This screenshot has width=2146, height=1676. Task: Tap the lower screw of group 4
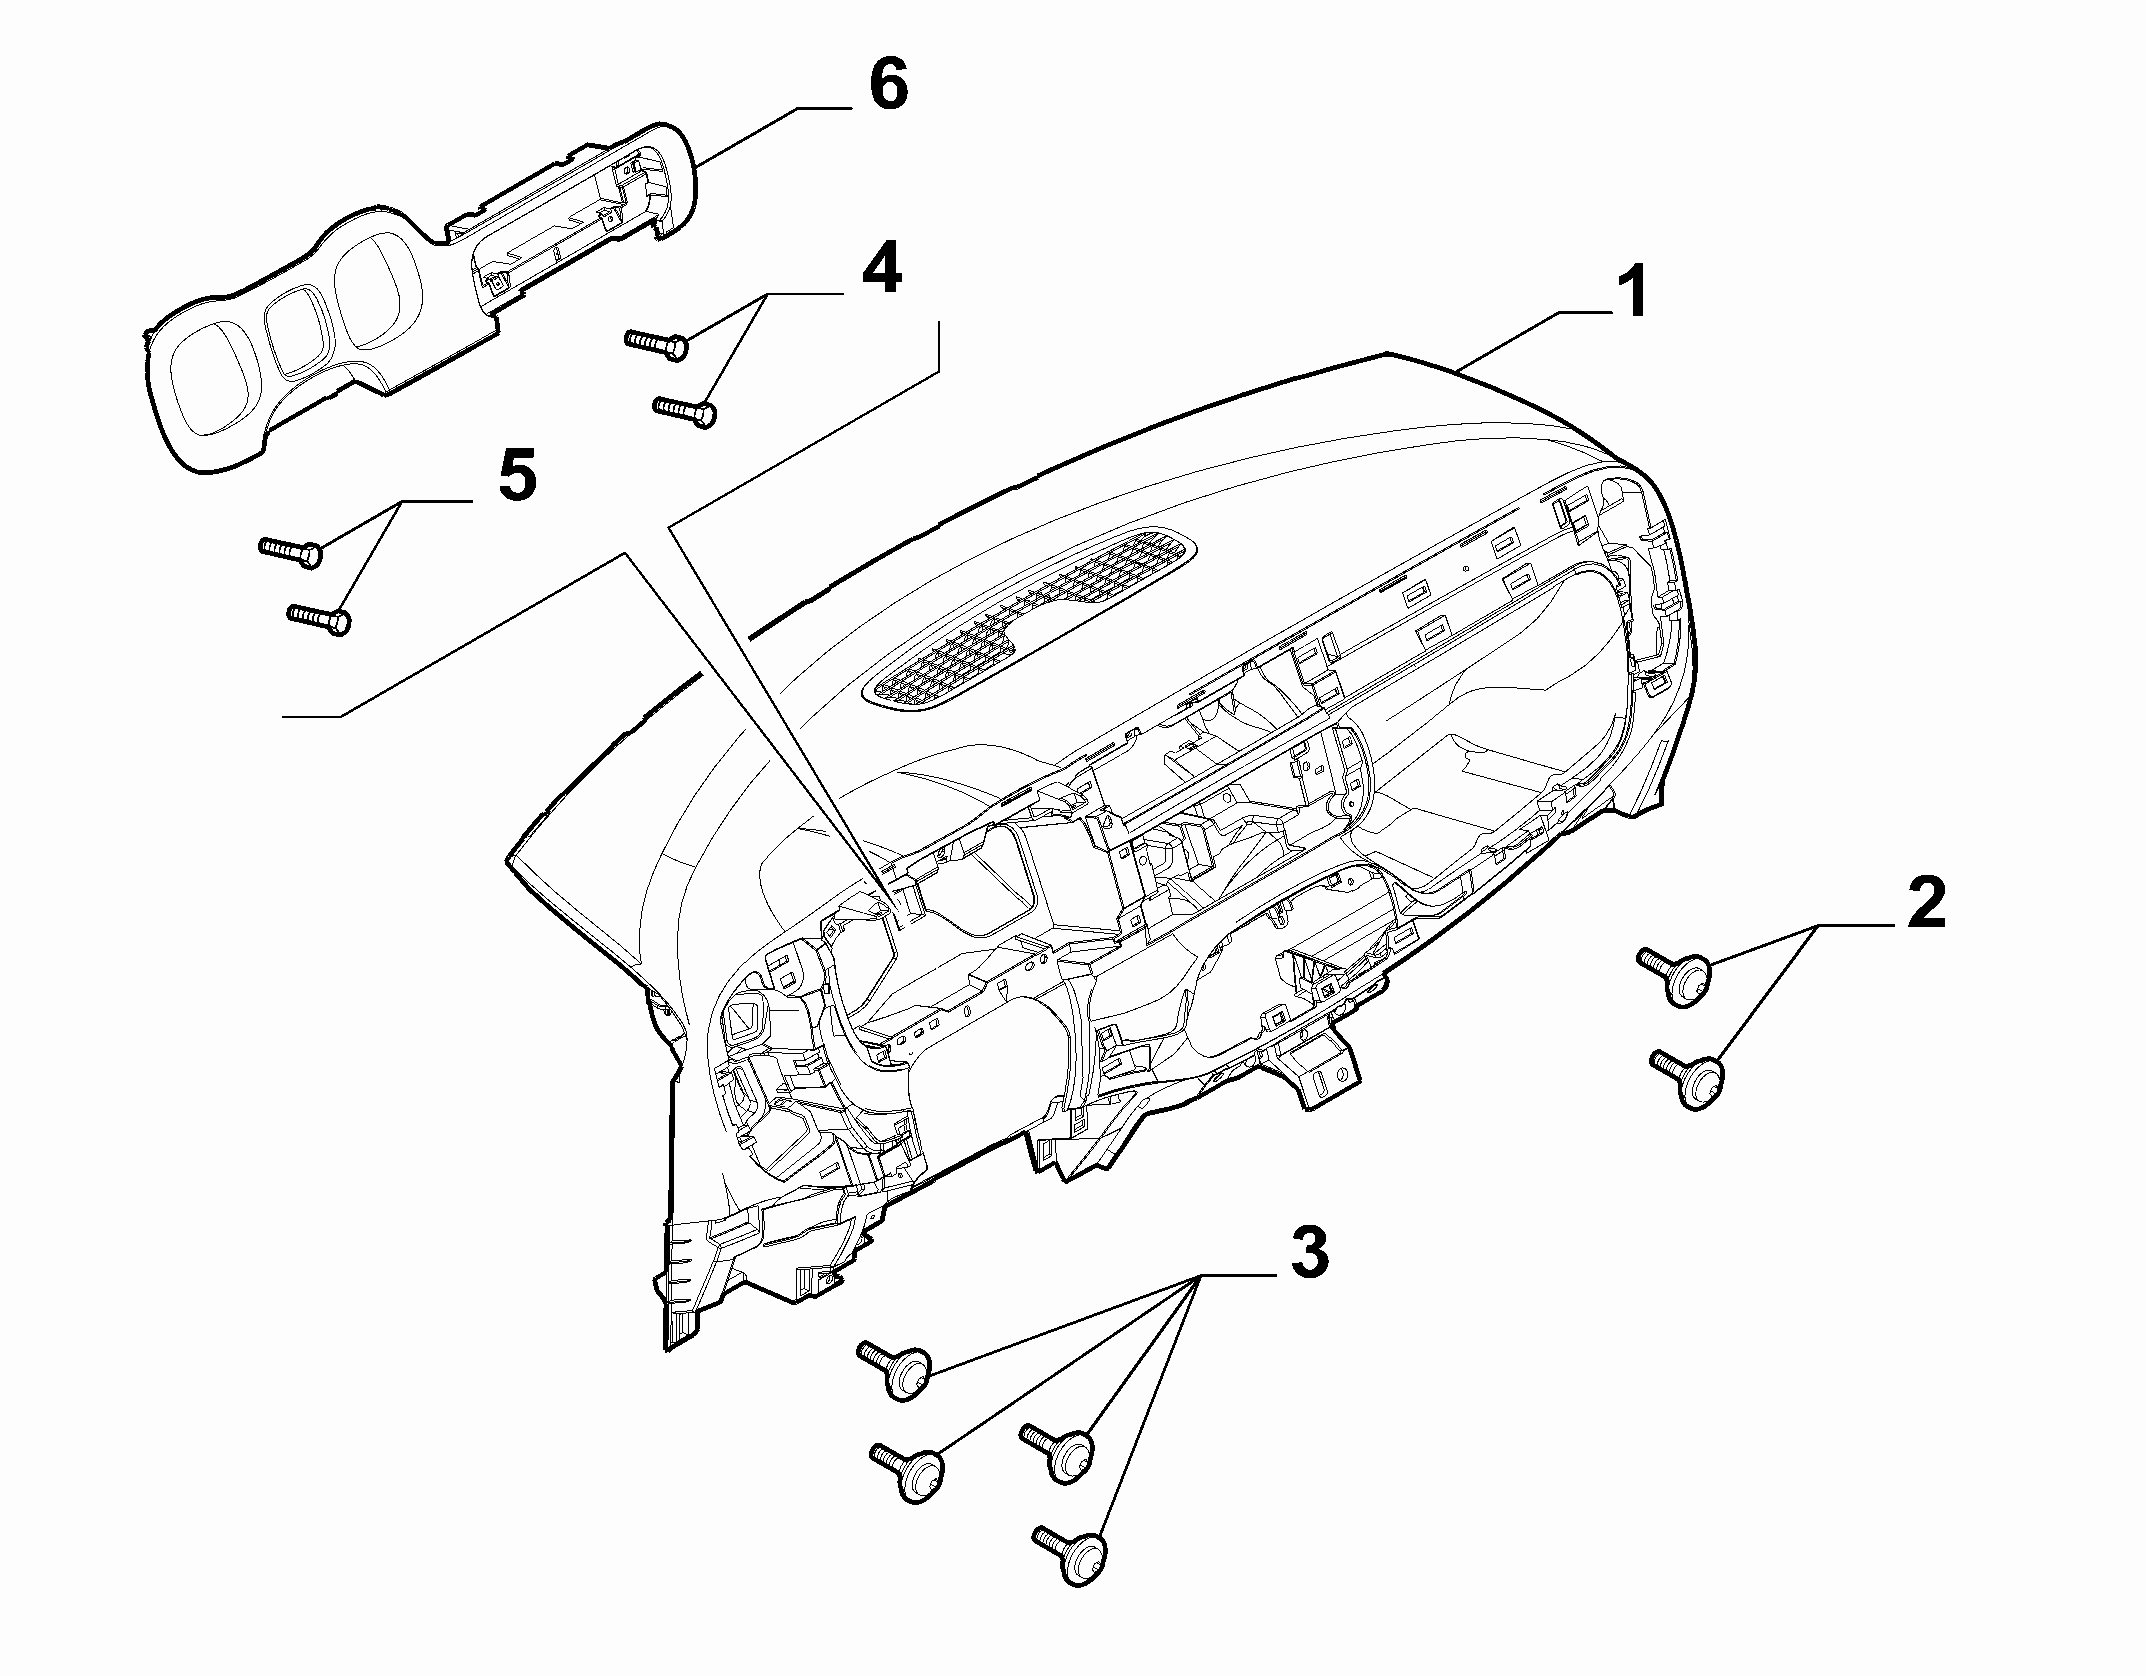[x=685, y=410]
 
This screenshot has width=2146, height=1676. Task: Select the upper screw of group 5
[x=290, y=550]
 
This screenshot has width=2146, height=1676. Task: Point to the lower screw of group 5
[x=319, y=617]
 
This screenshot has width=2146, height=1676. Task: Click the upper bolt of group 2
[x=1676, y=975]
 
